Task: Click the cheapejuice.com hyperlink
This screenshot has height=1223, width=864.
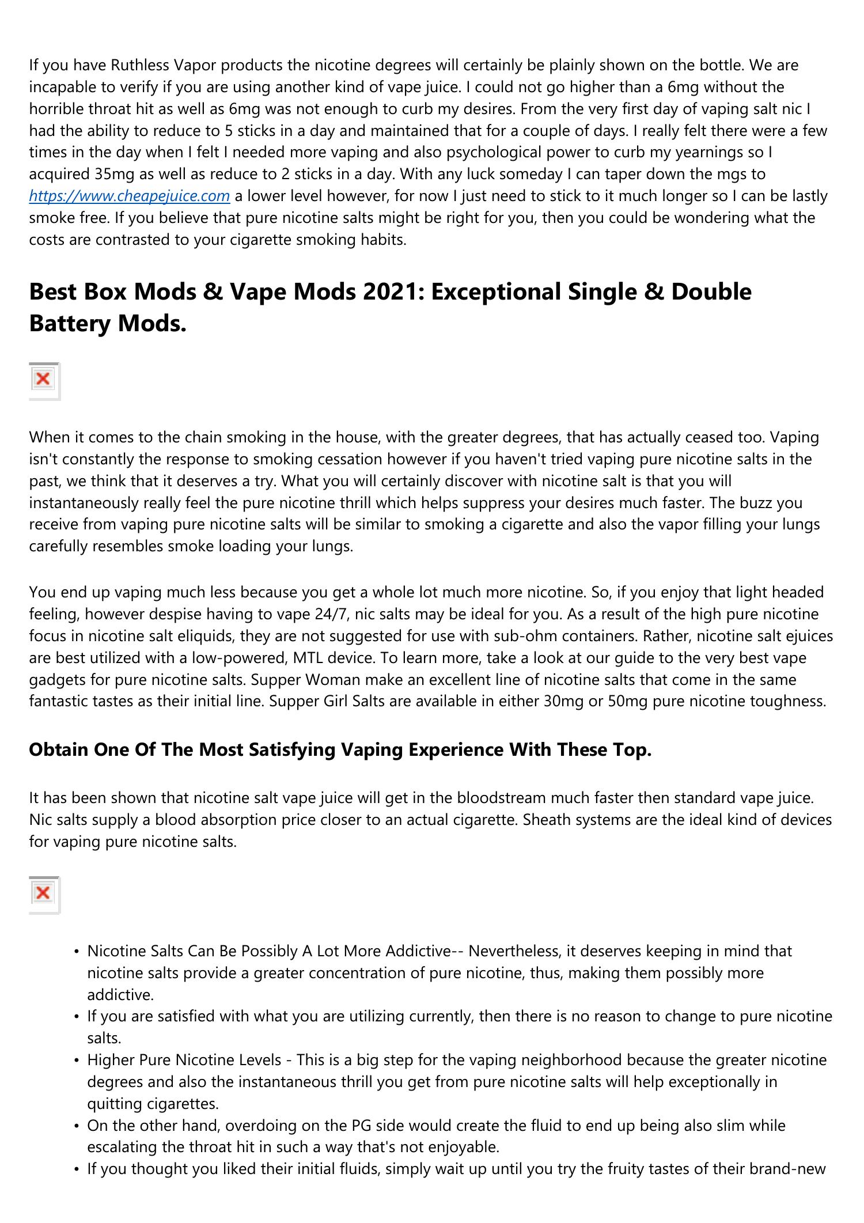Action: pyautogui.click(x=130, y=196)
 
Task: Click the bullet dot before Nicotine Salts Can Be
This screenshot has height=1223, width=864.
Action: pyautogui.click(x=77, y=952)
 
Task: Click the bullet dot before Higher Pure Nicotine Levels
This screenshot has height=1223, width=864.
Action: pyautogui.click(x=77, y=1061)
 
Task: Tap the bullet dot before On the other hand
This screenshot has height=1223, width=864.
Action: pyautogui.click(x=77, y=1126)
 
